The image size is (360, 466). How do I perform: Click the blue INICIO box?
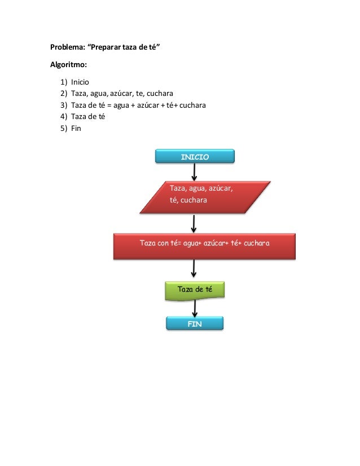195,156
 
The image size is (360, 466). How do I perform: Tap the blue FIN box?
195,323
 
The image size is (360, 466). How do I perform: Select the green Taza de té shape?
195,291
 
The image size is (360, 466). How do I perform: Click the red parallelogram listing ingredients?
205,197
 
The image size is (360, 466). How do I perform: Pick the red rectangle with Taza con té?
204,247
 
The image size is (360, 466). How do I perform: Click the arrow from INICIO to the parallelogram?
194,172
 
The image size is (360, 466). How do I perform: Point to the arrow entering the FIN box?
195,308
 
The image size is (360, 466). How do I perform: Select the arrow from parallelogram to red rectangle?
194,224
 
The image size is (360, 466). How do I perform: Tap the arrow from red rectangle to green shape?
194,269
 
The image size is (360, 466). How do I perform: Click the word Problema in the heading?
68,47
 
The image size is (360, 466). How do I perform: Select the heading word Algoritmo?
68,65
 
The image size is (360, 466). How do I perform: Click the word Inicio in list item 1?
80,82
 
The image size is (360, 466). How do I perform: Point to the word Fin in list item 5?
76,129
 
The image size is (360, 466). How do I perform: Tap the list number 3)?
64,105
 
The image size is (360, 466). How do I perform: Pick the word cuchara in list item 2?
160,94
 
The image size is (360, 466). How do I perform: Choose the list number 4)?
64,117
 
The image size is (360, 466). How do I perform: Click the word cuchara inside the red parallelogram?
194,200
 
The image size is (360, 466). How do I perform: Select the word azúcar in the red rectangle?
214,243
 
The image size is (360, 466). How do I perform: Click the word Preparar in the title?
106,47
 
